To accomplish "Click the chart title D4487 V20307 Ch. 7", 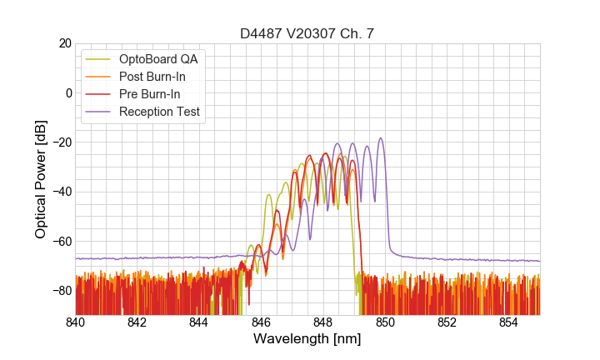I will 307,33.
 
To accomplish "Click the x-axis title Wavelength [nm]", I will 307,339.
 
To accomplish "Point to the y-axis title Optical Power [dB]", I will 41,179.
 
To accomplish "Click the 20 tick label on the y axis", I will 64,43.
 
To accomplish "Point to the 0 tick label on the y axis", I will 67,92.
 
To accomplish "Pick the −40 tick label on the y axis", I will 61,192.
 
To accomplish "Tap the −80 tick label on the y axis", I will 61,291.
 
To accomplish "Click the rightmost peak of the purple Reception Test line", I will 381,138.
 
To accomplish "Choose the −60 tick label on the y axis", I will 61,242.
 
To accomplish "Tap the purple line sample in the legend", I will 100,112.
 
